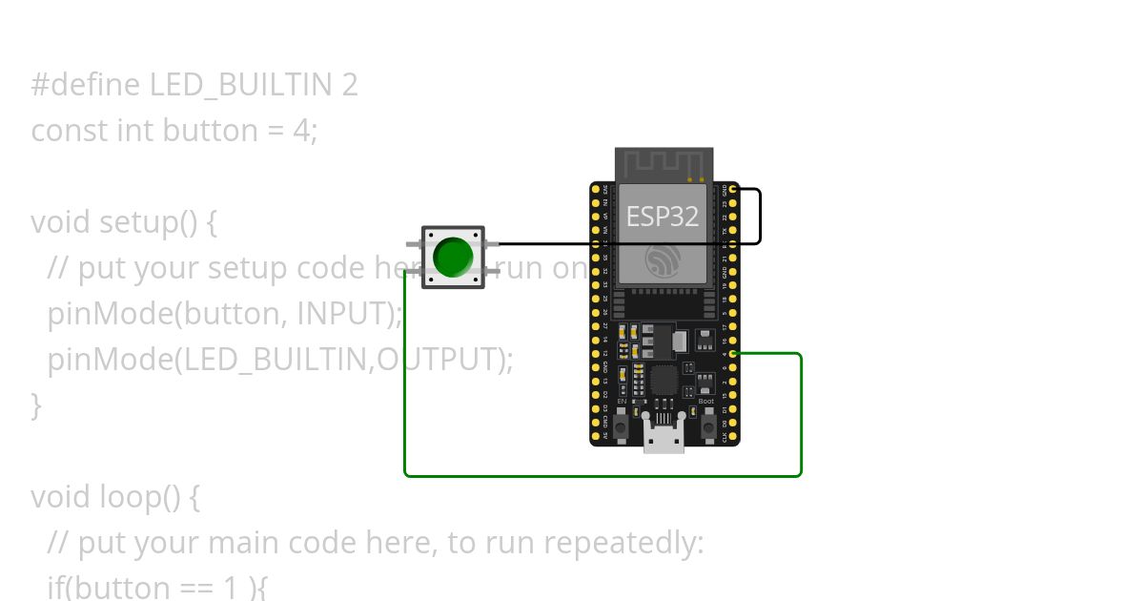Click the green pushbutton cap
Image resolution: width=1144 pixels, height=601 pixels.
tap(453, 257)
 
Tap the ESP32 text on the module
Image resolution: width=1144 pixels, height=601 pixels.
tap(662, 217)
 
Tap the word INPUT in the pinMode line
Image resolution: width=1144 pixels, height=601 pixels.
tap(343, 313)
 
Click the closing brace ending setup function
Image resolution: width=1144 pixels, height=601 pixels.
tap(36, 405)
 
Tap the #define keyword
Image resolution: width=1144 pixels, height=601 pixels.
tap(87, 85)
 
